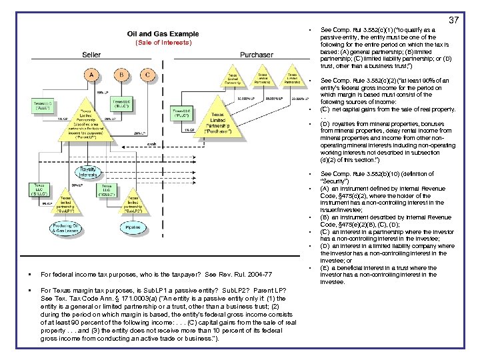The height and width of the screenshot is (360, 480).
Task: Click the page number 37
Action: coord(453,20)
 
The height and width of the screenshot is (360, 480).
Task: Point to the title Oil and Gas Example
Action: coord(163,33)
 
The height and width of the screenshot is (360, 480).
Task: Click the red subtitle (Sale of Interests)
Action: coord(163,43)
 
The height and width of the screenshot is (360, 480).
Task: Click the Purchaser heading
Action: coord(256,55)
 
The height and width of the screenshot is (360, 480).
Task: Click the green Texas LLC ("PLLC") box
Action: coord(183,111)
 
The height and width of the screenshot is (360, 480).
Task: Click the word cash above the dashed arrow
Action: coord(152,142)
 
